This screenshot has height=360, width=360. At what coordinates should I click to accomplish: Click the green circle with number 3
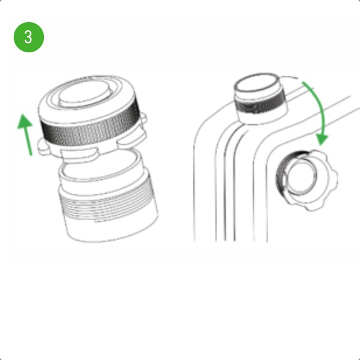(x=29, y=37)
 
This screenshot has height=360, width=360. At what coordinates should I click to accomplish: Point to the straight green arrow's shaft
(x=28, y=140)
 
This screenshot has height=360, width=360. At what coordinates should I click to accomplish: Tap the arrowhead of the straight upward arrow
(x=25, y=121)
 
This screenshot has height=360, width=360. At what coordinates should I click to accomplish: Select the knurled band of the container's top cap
(x=260, y=103)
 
